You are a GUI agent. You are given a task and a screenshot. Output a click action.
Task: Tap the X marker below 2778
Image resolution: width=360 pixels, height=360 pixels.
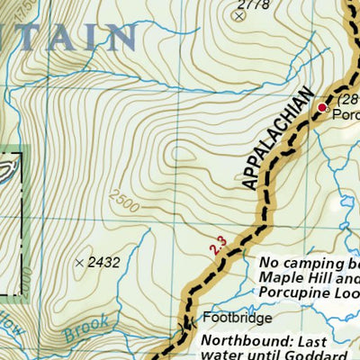(x=238, y=16)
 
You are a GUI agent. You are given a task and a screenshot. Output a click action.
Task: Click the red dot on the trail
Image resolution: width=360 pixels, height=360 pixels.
(x=321, y=108)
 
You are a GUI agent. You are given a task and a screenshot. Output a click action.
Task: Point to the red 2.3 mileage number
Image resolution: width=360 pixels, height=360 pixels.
(x=215, y=246)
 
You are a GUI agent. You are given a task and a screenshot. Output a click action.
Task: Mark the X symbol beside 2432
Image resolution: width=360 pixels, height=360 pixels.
(x=80, y=262)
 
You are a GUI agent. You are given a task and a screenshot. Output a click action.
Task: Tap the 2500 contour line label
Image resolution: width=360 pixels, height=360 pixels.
(x=124, y=195)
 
